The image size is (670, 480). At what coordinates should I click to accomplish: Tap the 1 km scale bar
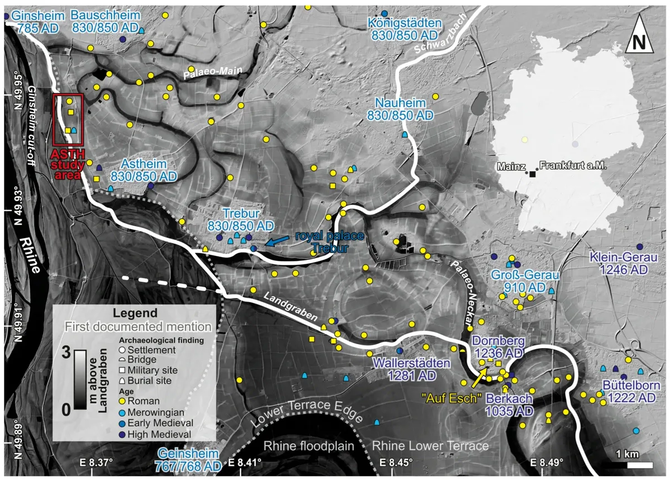click(x=639, y=464)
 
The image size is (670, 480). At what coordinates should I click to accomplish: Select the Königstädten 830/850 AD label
click(x=405, y=29)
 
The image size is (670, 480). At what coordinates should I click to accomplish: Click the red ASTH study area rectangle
click(x=68, y=119)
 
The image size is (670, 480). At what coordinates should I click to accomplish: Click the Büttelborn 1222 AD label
click(x=631, y=392)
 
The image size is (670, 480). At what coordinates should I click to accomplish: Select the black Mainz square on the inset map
click(x=532, y=174)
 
